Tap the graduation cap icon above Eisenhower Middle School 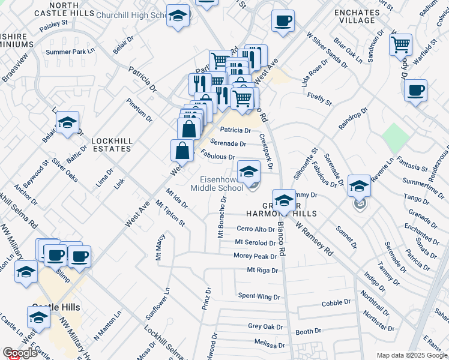249,172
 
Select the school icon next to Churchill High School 178,17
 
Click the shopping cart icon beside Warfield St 400,44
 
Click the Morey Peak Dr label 255,256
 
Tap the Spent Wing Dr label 259,296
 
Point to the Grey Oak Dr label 265,326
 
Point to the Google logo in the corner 20,353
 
